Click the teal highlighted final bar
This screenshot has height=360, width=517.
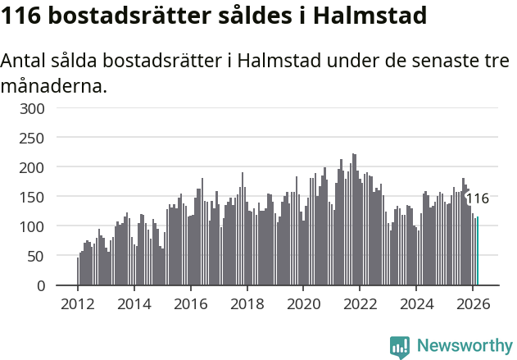478,251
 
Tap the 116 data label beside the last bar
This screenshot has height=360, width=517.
477,198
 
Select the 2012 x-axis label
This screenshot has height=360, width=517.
78,303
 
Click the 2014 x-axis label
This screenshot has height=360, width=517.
134,303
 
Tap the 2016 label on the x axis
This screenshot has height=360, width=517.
191,303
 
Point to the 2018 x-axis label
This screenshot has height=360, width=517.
247,303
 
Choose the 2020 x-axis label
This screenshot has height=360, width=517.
304,303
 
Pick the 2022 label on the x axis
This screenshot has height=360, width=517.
361,303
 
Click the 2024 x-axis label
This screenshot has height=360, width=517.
417,303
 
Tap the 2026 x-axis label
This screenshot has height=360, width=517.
474,303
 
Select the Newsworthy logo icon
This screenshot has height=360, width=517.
400,347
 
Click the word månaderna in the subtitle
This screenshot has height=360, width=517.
53,85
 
